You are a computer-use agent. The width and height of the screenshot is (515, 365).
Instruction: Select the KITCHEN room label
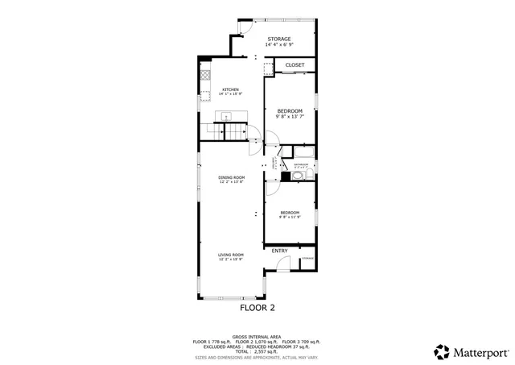point(231,89)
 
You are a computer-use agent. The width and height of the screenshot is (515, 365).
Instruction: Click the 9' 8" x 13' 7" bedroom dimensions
point(290,116)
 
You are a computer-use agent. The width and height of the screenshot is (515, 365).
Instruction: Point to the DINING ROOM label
point(231,177)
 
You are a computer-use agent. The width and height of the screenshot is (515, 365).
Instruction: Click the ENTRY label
point(279,251)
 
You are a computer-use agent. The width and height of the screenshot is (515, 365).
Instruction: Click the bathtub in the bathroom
point(305,152)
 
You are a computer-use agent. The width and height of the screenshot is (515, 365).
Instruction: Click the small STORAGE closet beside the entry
point(307,259)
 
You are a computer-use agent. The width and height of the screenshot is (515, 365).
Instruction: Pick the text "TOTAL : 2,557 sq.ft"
point(257,352)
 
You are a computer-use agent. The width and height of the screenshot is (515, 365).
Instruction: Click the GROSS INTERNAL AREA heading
point(257,337)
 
